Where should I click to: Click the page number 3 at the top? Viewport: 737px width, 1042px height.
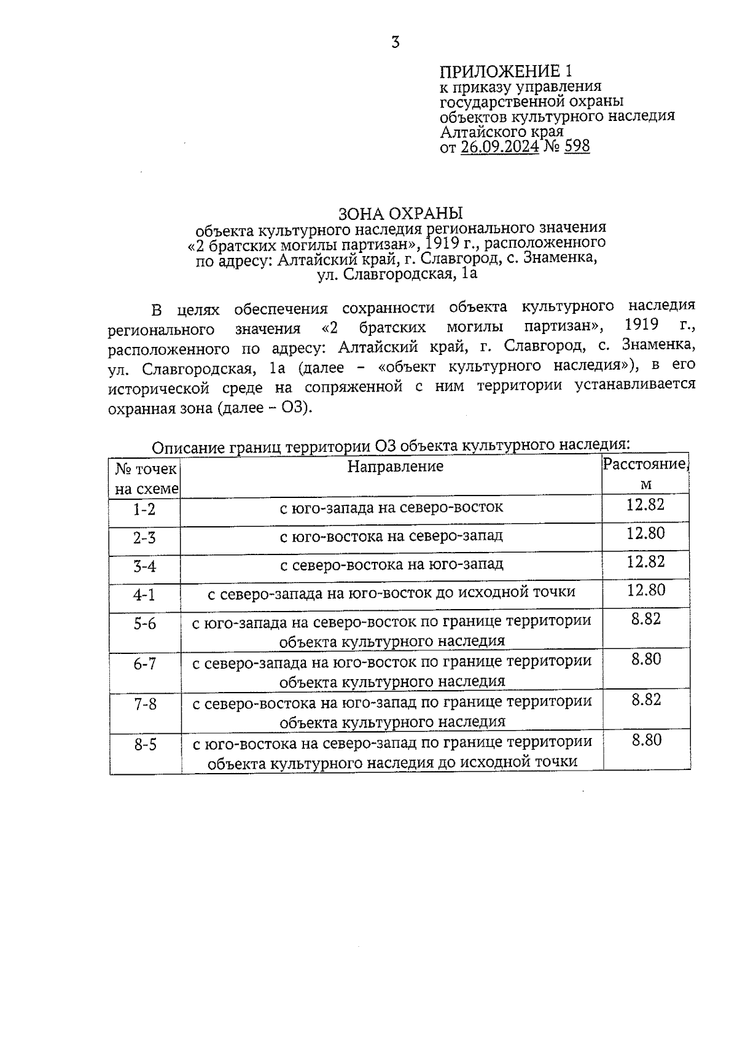(396, 42)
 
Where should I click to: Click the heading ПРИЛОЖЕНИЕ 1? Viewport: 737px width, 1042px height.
(510, 71)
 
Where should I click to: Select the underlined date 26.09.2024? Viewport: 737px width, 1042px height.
(499, 147)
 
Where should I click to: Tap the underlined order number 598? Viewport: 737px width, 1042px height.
(576, 147)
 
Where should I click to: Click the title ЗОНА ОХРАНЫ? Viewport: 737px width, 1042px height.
(400, 213)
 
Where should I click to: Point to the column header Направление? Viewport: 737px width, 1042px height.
(395, 467)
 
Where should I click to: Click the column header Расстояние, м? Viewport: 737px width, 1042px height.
(645, 473)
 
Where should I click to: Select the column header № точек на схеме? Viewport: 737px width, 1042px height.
(146, 479)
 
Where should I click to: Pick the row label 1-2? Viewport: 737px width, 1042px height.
(144, 509)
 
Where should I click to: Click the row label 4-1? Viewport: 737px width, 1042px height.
(144, 594)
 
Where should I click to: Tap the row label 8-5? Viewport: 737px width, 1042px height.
(146, 745)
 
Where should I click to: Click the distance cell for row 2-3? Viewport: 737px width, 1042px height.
(645, 533)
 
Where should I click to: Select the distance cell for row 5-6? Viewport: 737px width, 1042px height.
(645, 619)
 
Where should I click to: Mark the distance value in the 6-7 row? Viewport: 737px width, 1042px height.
(645, 659)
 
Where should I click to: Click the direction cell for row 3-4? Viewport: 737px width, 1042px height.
(391, 564)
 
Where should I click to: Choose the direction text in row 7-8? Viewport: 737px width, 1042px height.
(392, 711)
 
